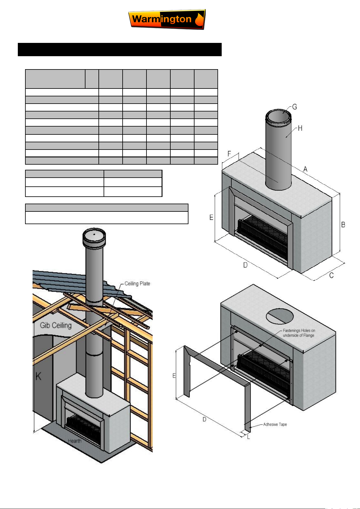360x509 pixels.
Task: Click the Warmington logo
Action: coord(167,19)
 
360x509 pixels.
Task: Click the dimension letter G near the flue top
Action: coord(294,107)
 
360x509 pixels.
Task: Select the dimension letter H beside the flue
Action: coord(300,128)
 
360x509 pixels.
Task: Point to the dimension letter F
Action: coord(229,154)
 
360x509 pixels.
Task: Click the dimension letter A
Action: coord(305,169)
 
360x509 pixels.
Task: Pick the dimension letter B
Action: coord(343,224)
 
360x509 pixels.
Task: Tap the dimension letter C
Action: coord(331,275)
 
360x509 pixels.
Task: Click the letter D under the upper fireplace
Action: coord(245,265)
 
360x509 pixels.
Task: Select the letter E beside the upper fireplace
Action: coord(211,217)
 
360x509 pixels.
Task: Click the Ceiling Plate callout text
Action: coord(137,283)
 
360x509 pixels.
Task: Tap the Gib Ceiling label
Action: coord(56,325)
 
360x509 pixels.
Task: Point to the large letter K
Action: coord(38,376)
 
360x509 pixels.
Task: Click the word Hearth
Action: coord(75,441)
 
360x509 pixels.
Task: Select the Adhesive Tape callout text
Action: coord(275,424)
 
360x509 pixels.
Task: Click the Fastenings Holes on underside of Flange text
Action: coord(299,333)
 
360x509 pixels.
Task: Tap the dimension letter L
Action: coord(248,437)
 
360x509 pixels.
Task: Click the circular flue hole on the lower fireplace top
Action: coord(280,316)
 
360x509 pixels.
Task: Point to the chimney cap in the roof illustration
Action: coord(94,238)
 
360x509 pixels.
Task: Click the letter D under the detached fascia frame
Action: coord(204,419)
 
